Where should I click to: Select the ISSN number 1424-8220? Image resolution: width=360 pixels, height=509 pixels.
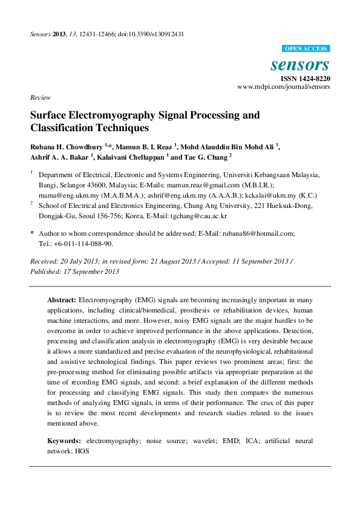[x=312, y=79]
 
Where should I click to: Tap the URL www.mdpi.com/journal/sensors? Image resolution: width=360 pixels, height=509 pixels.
[x=284, y=87]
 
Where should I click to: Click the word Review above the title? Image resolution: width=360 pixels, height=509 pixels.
[x=39, y=97]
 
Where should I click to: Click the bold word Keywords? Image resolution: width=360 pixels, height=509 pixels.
[x=64, y=441]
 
